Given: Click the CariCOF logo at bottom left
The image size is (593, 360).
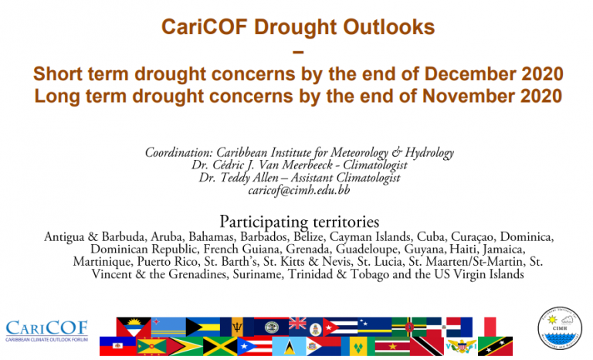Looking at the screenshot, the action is (x=46, y=331).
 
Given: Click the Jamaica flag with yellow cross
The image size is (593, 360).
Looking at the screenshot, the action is (x=220, y=346).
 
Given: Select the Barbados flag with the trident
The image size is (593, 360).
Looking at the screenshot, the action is (x=237, y=327).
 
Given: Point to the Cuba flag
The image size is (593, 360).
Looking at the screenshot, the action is (x=341, y=327).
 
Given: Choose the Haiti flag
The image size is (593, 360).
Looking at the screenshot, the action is (x=117, y=346).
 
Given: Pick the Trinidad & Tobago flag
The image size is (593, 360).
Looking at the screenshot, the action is (x=426, y=346).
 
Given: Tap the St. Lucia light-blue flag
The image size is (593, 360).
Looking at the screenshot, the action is (x=289, y=346).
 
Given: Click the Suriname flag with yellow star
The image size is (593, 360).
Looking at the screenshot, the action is (x=392, y=346).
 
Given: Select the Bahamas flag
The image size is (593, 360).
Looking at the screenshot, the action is (x=203, y=327).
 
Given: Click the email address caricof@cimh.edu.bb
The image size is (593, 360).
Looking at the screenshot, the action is (x=299, y=190).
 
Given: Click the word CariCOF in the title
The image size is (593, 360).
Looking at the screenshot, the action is (x=204, y=27).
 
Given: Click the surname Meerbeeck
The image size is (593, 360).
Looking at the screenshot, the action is (x=307, y=165).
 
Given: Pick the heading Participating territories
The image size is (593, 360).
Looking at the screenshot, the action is (x=299, y=222).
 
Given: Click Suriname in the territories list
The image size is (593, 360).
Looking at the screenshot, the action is (x=258, y=274).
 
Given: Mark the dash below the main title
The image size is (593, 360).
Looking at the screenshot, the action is (x=298, y=52).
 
